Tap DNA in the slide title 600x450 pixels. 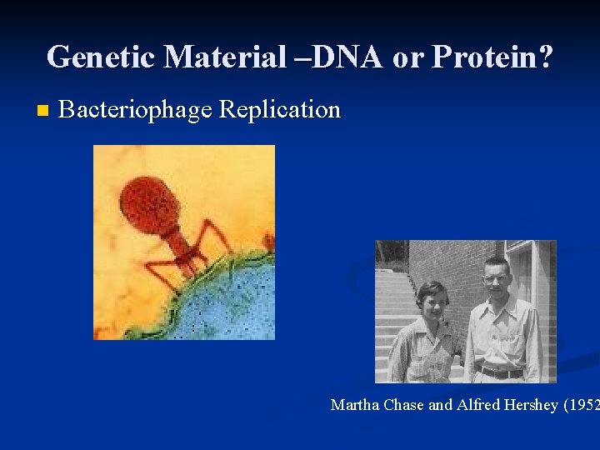337,57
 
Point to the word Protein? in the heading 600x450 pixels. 492,57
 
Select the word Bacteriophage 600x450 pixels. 137,110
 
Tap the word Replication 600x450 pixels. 279,110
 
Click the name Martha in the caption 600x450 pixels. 354,406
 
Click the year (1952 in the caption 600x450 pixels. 581,406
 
